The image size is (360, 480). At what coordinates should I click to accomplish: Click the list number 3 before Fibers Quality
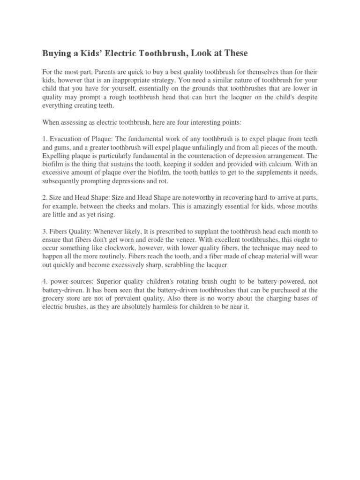tap(44, 232)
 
